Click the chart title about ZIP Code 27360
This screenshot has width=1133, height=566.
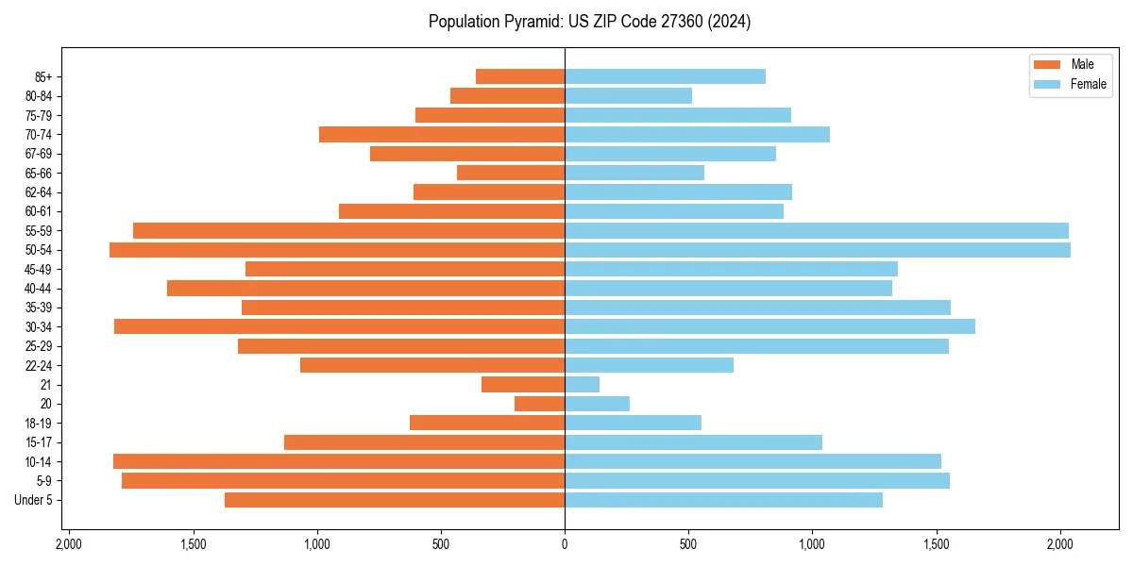pyautogui.click(x=589, y=22)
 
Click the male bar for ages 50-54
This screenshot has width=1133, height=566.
pyautogui.click(x=337, y=250)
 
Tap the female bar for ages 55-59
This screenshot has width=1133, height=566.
pyautogui.click(x=817, y=231)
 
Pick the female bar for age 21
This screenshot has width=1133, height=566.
pyautogui.click(x=582, y=385)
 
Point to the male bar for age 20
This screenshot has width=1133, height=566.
pyautogui.click(x=539, y=404)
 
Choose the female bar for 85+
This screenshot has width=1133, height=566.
pyautogui.click(x=665, y=76)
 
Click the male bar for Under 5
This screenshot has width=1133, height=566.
pyautogui.click(x=395, y=500)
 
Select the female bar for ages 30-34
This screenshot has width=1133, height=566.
pyautogui.click(x=769, y=327)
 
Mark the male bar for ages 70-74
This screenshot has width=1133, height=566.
pyautogui.click(x=442, y=135)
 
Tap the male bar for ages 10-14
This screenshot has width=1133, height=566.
pyautogui.click(x=339, y=461)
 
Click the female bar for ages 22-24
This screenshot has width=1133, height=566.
pyautogui.click(x=649, y=365)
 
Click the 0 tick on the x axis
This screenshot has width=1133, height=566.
pyautogui.click(x=565, y=544)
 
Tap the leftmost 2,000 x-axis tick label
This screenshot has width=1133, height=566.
pyautogui.click(x=69, y=544)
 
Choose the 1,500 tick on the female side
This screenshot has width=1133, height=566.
pyautogui.click(x=937, y=544)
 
